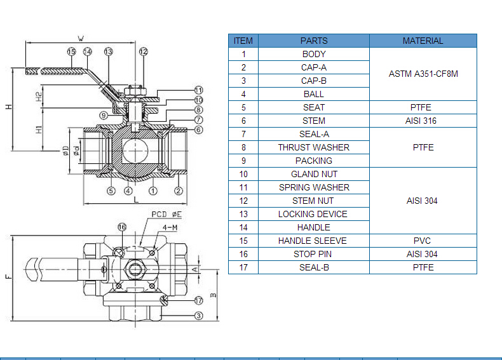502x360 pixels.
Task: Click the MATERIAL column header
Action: (x=423, y=41)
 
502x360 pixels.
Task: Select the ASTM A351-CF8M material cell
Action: (x=423, y=74)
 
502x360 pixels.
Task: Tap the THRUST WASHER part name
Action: (x=314, y=147)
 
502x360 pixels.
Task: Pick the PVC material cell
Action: (x=422, y=241)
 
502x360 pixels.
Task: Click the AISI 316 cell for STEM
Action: (x=421, y=121)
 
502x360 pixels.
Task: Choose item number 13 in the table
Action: (x=243, y=214)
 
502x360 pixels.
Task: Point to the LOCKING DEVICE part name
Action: (x=313, y=214)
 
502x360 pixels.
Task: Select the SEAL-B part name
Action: (x=314, y=267)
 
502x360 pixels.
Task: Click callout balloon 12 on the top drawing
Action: (x=144, y=51)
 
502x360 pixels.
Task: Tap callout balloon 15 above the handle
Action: (x=71, y=51)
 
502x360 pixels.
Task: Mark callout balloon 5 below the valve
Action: (x=111, y=191)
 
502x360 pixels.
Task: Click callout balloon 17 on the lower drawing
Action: (x=198, y=300)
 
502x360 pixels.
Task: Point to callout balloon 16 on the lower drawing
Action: (x=122, y=227)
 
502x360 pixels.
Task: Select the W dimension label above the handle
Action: (x=81, y=39)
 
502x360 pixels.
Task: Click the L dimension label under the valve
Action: (x=136, y=199)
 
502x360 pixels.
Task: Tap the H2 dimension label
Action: (x=39, y=97)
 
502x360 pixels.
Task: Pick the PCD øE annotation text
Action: (x=166, y=214)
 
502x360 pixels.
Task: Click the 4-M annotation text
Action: (x=170, y=227)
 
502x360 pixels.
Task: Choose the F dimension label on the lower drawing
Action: (x=8, y=276)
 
